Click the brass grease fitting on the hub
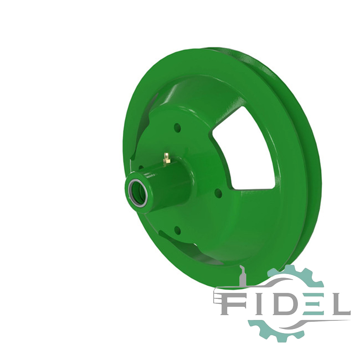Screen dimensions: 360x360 166,158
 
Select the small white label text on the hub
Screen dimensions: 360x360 150,175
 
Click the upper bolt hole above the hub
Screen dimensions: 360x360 177,127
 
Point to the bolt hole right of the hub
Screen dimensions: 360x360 218,193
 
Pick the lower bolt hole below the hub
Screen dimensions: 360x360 177,229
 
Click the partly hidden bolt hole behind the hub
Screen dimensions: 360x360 141,167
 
